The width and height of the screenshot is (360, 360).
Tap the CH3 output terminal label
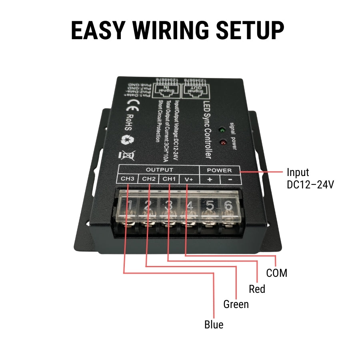pos(128,179)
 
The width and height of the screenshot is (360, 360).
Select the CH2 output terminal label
pos(148,179)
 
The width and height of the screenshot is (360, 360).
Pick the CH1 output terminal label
pos(169,179)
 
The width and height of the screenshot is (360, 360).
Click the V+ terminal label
pos(189,179)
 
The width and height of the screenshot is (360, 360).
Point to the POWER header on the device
pos(219,170)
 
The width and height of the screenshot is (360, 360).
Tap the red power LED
pos(222,142)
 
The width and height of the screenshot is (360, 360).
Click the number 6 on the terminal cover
pos(228,206)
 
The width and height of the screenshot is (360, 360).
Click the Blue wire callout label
pos(214,324)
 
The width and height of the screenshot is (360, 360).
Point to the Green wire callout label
pos(236,304)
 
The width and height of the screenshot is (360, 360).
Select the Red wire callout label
pos(257,289)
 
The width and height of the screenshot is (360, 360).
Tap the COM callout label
pos(277,273)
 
